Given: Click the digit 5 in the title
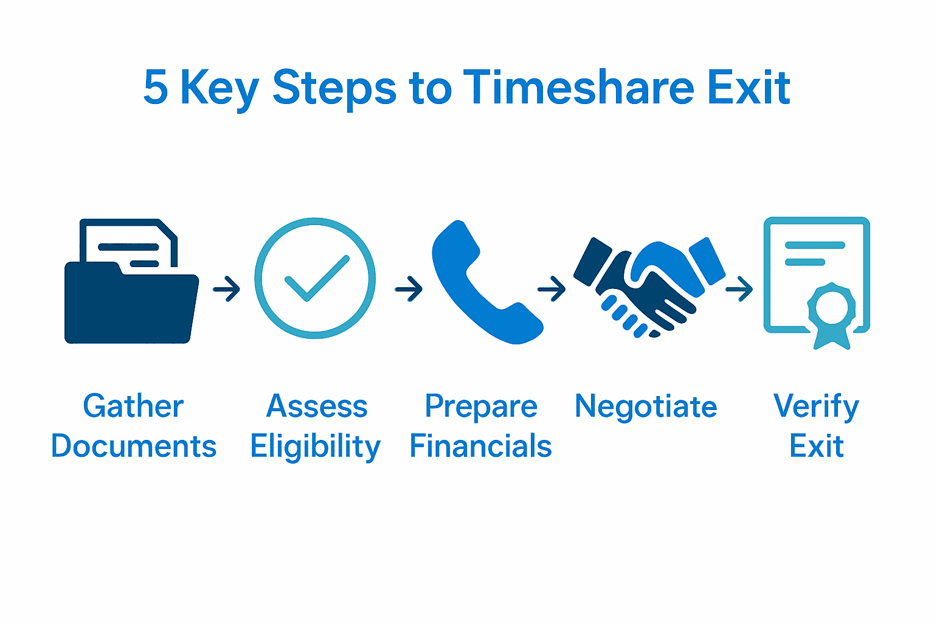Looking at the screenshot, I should click(x=156, y=88).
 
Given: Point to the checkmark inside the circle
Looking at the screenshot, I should click(x=316, y=279).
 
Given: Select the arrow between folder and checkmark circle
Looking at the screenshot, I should click(x=227, y=289).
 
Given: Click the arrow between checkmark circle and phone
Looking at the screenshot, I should click(x=409, y=289).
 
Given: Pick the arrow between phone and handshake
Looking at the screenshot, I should click(x=552, y=289).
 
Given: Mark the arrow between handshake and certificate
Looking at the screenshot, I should click(x=739, y=289).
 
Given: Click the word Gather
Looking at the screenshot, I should click(x=133, y=406).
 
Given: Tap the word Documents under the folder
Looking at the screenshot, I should click(x=134, y=447).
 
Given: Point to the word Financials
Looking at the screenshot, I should click(x=480, y=447).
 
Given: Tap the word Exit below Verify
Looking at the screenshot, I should click(x=816, y=447).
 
